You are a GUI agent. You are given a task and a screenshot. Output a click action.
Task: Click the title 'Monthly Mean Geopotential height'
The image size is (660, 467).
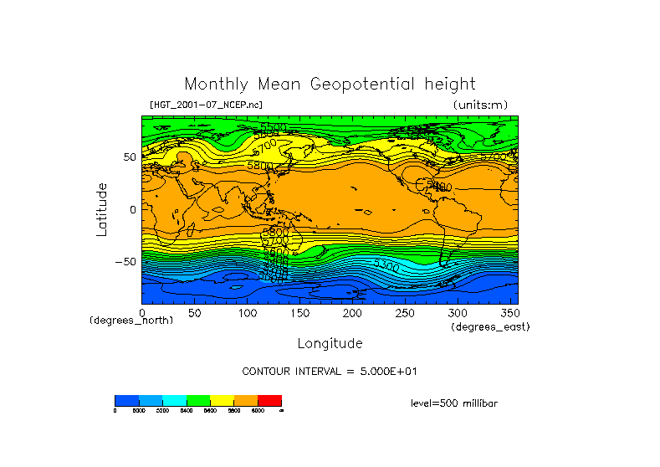click(330, 84)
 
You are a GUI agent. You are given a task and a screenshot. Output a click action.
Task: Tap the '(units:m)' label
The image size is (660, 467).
click(480, 105)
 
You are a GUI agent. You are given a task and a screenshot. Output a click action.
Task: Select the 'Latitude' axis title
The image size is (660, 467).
click(101, 209)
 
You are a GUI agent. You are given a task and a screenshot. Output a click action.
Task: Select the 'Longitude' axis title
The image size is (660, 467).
click(330, 343)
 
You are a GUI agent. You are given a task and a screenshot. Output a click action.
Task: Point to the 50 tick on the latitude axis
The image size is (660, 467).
click(130, 157)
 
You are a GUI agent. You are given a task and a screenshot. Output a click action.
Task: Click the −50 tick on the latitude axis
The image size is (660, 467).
click(126, 261)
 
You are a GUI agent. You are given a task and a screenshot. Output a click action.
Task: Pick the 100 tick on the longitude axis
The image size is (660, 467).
click(247, 313)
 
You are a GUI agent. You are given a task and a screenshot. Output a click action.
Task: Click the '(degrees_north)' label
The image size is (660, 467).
click(131, 321)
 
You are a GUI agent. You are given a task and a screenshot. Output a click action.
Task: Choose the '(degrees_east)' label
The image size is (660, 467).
click(490, 327)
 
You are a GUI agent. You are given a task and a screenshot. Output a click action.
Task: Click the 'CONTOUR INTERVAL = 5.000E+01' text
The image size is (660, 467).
click(329, 371)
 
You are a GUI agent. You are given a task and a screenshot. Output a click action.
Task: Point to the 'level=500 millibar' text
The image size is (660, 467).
click(454, 403)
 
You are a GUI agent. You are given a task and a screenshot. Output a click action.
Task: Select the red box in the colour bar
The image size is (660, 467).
click(269, 400)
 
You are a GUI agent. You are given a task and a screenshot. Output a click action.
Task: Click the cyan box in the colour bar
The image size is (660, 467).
click(174, 400)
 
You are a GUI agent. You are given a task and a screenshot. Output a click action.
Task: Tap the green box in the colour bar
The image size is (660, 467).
click(198, 400)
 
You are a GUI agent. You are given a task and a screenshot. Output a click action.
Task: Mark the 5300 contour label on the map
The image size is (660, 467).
click(386, 265)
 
